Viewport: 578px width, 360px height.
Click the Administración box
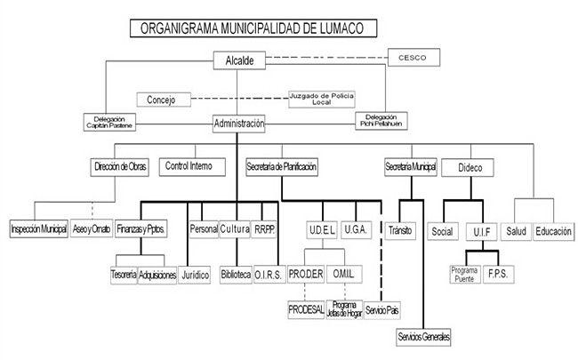239,124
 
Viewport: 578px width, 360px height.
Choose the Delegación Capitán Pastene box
110,121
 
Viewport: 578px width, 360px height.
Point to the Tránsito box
399,230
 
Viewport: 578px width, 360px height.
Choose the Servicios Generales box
423,338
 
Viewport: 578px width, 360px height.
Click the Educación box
552,230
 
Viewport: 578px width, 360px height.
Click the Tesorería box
124,276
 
